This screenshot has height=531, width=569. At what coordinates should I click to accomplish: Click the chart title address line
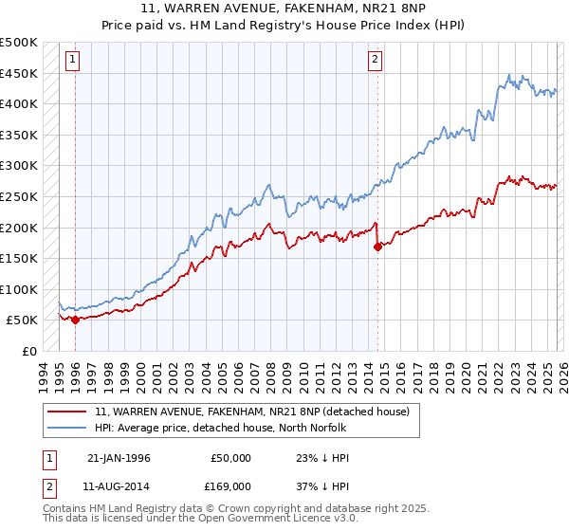point(284,9)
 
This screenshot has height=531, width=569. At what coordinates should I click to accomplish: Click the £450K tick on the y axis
point(19,73)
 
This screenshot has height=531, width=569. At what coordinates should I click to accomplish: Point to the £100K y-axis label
point(19,289)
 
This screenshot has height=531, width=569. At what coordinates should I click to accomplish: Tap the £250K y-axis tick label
point(19,196)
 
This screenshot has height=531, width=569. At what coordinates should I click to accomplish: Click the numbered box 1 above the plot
point(73,60)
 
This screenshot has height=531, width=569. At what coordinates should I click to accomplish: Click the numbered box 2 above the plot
point(376,60)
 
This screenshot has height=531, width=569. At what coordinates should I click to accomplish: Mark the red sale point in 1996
point(75,320)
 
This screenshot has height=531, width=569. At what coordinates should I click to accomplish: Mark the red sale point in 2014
point(377,247)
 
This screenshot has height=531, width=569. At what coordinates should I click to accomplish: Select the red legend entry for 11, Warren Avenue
point(251,412)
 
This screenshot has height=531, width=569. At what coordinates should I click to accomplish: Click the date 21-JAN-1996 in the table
point(119,458)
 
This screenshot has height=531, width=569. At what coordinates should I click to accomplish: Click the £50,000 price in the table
point(230,458)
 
